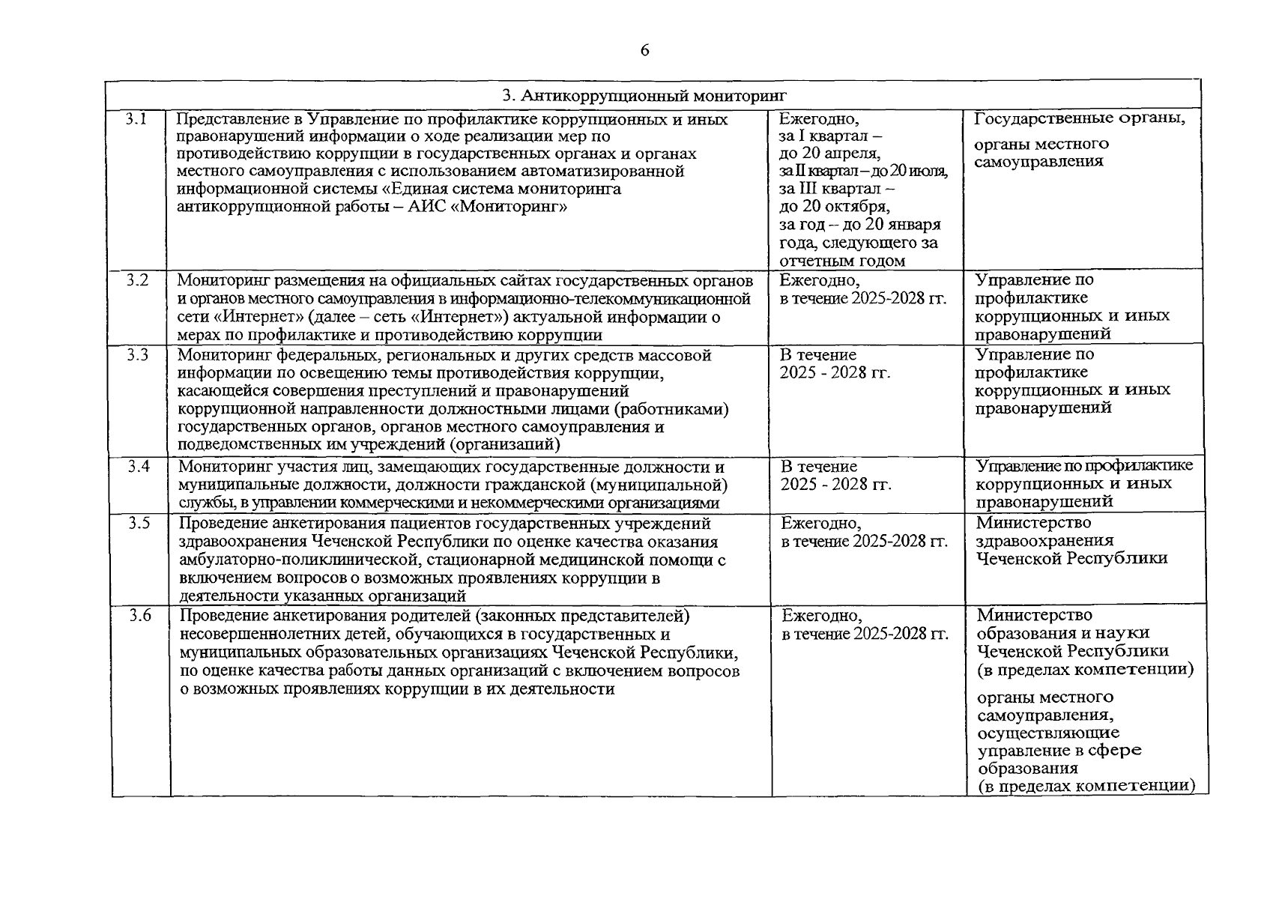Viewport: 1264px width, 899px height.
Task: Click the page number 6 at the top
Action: coord(645,50)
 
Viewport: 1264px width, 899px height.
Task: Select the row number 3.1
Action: coord(136,118)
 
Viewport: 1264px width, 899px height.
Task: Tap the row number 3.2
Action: coord(136,280)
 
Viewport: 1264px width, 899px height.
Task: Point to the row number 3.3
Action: coord(137,355)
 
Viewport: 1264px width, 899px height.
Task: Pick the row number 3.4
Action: coord(139,467)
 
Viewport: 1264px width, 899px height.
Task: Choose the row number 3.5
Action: coord(139,523)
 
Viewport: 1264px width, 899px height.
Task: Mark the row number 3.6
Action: coord(140,616)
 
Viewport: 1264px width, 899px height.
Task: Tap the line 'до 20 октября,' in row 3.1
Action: coord(834,207)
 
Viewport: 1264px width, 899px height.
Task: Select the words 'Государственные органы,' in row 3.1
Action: coord(1080,118)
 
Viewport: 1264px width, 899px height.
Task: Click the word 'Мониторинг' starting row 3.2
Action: coord(224,281)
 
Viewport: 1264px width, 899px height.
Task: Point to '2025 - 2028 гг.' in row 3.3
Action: coord(835,372)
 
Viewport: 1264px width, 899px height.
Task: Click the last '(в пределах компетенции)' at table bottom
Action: coord(1086,786)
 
